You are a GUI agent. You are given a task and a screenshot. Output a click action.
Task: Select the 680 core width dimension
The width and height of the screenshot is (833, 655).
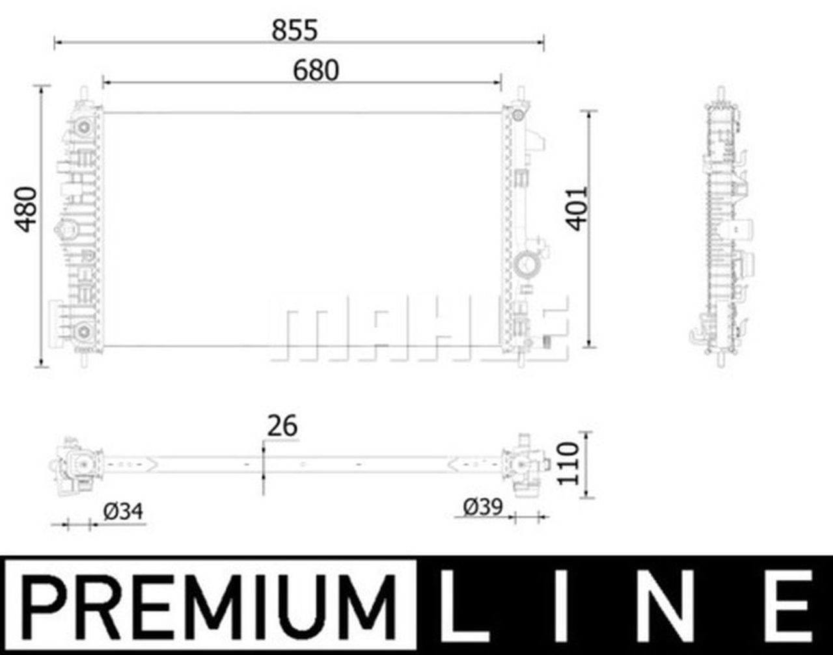click(316, 70)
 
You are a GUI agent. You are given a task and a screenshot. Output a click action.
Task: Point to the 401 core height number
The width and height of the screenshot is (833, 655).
click(577, 208)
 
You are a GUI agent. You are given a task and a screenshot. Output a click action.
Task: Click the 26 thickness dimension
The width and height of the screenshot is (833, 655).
click(282, 426)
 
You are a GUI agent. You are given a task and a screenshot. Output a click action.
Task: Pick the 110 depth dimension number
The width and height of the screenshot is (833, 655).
click(567, 462)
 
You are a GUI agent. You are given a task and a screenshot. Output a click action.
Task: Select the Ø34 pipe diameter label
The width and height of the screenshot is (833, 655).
click(123, 511)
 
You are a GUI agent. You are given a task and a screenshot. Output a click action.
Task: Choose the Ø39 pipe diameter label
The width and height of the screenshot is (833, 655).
click(483, 507)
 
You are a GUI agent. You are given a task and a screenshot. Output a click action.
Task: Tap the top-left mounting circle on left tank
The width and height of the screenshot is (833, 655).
click(83, 127)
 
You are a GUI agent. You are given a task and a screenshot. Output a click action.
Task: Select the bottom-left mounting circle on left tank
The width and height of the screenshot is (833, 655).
click(83, 332)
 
